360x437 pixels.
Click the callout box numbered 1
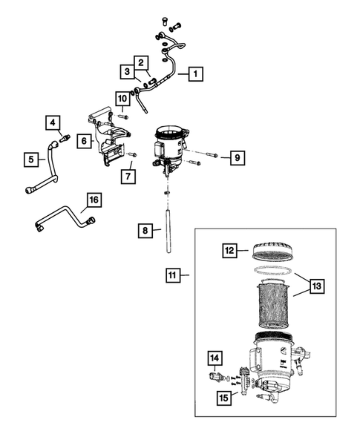[194, 74]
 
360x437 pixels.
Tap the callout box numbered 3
[128, 72]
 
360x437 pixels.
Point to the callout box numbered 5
[30, 158]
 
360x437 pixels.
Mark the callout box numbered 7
[128, 176]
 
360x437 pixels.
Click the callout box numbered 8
[145, 231]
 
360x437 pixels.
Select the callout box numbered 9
[236, 157]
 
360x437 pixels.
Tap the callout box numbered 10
[122, 97]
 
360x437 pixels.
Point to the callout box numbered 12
[229, 252]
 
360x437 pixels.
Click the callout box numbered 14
[214, 359]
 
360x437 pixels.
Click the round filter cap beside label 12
[271, 252]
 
